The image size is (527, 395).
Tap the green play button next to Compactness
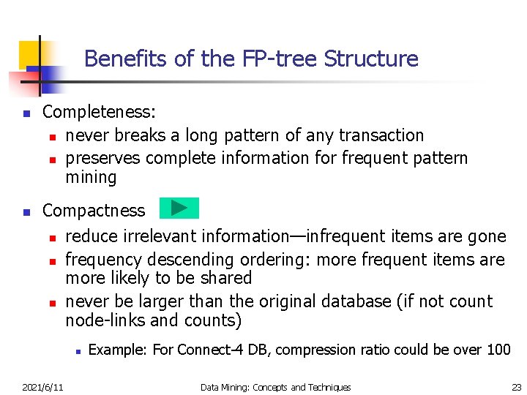[x=179, y=208]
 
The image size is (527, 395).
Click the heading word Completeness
[x=99, y=112]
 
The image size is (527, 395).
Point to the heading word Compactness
[x=94, y=211]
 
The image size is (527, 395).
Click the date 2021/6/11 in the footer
[x=42, y=387]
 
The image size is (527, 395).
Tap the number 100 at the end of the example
[x=498, y=350]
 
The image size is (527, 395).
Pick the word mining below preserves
[x=91, y=177]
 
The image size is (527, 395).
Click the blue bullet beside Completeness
[x=26, y=114]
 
